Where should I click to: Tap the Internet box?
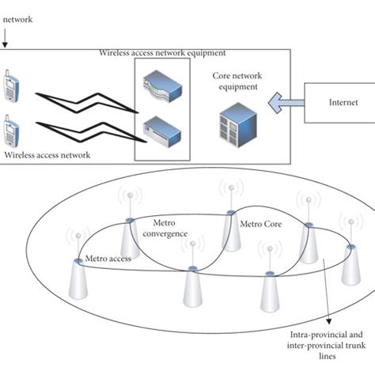339,102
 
